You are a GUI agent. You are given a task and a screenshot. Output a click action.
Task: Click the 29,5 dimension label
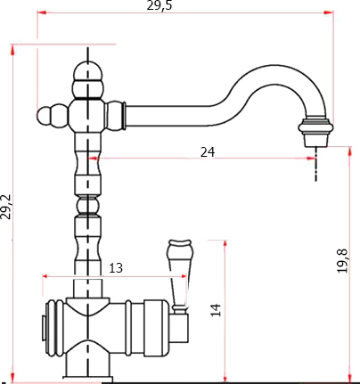coord(160,5)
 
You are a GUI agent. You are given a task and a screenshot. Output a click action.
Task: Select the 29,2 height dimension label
coord(6,207)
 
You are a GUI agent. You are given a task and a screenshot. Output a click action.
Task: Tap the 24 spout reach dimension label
coord(208,152)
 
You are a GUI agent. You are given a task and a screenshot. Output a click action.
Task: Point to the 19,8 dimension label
coord(342,261)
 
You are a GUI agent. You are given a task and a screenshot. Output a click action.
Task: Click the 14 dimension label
coord(217,310)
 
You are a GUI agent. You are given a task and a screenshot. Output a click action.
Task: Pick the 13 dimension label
coord(116,268)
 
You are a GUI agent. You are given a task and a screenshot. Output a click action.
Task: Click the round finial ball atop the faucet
coord(88,70)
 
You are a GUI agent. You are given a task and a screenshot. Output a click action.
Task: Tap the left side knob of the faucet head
coord(48,115)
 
